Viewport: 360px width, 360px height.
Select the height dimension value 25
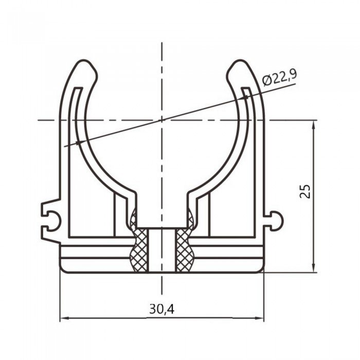tap(305, 191)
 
